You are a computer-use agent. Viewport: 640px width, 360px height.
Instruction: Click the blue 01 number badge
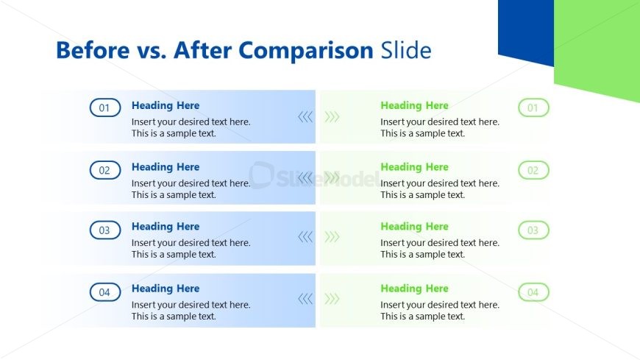point(104,108)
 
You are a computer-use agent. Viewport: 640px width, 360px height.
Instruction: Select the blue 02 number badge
point(104,170)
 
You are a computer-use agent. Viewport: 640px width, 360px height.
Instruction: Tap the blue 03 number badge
point(104,230)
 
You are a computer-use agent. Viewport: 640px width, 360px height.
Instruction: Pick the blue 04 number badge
point(104,292)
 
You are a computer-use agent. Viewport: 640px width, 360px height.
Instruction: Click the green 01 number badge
point(533,108)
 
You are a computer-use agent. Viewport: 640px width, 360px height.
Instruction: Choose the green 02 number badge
point(533,170)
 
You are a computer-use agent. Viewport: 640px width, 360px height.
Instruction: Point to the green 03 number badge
point(533,230)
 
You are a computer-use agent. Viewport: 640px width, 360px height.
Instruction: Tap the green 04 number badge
point(533,292)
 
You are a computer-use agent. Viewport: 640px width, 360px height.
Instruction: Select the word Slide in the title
point(405,51)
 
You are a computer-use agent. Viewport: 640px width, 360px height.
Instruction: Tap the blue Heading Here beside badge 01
point(166,105)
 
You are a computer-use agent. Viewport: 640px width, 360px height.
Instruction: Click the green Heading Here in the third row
point(414,227)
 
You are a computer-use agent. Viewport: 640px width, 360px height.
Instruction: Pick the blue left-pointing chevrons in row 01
point(305,116)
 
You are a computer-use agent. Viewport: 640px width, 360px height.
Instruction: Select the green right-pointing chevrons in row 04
point(333,298)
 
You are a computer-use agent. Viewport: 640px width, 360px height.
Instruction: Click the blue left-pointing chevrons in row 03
point(305,236)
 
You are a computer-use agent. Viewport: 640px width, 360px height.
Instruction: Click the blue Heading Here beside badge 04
point(166,289)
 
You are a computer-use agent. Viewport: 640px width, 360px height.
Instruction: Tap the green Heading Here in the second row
point(414,167)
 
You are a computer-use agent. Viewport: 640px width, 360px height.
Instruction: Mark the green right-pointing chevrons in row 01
point(333,116)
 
